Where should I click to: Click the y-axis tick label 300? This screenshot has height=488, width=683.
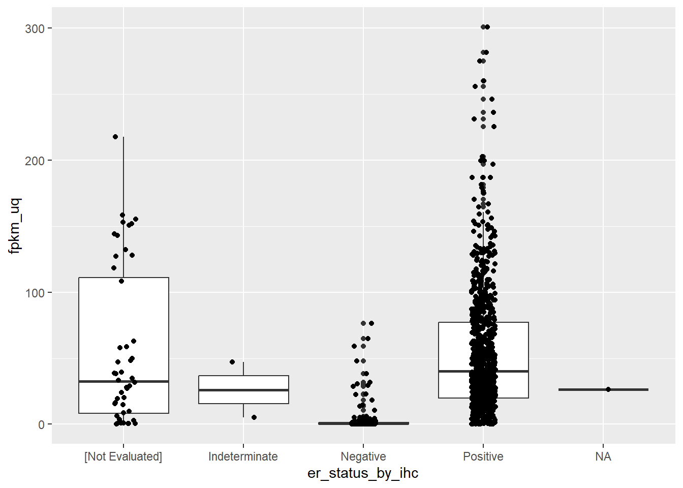tap(35, 28)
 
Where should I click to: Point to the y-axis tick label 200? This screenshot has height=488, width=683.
tap(35, 161)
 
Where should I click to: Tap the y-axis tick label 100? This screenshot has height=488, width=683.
tap(35, 293)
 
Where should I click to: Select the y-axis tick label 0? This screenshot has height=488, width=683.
tap(41, 425)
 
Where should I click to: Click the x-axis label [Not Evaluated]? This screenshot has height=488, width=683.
tap(123, 456)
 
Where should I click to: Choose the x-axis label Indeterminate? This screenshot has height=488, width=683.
tap(243, 456)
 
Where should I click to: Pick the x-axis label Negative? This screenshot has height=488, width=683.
tap(363, 456)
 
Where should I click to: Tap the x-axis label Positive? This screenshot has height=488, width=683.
tap(483, 456)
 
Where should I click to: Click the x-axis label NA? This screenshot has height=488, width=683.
tap(603, 456)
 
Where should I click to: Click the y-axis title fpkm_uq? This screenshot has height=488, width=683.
tap(15, 226)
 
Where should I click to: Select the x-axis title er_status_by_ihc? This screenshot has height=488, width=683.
tap(363, 473)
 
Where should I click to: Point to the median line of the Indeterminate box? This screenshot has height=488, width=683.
tap(264, 390)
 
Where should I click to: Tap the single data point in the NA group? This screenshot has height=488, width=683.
tap(608, 389)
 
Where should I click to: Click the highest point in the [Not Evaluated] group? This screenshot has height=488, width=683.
tap(115, 137)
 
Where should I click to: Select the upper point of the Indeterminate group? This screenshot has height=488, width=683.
tap(232, 362)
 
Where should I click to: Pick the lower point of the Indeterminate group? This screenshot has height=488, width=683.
tap(254, 417)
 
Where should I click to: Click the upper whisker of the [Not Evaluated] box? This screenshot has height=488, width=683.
tap(123, 203)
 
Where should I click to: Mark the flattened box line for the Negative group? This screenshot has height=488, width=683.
tap(391, 423)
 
